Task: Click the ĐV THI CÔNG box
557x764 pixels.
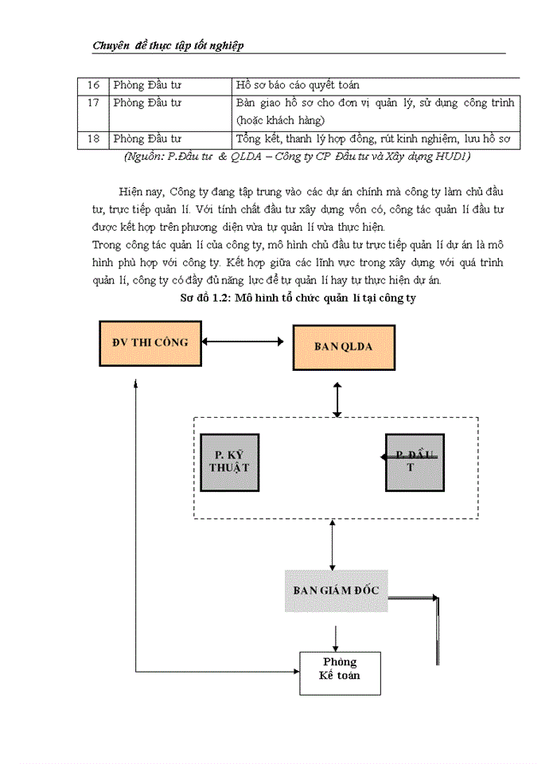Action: coord(150,343)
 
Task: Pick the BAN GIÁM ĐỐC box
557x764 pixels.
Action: coord(336,591)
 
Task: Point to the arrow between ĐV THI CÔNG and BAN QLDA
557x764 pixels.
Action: coord(243,342)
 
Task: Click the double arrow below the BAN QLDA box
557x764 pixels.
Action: coord(337,399)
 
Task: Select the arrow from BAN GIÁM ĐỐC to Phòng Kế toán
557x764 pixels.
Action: coord(337,637)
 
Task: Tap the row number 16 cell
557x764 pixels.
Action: coord(93,84)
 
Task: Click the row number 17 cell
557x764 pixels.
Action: coord(93,103)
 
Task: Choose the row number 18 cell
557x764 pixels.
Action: coord(93,139)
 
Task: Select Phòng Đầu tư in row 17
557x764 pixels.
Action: coord(147,103)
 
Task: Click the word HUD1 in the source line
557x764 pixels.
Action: coord(453,156)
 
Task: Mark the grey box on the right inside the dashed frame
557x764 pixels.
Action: coord(415,462)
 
